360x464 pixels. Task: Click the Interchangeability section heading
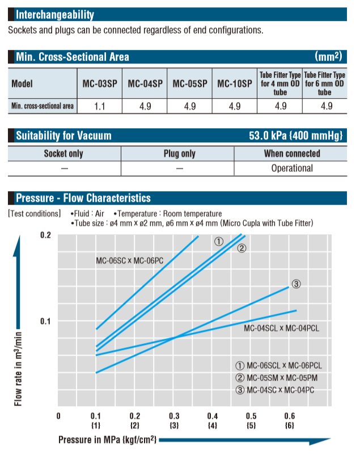tap(54, 15)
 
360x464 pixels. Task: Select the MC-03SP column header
tap(99, 83)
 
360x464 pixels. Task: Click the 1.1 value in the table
tap(99, 106)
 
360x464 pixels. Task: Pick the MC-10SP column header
tap(234, 83)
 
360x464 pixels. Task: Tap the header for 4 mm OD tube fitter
tap(279, 83)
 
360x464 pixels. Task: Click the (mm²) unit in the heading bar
tap(328, 56)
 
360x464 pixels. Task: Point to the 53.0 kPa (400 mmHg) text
tap(295, 136)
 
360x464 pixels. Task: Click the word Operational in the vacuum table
tap(291, 168)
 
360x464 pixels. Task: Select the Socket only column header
tap(63, 153)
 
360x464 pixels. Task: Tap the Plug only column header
tap(179, 153)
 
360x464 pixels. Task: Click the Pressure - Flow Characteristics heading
tap(83, 198)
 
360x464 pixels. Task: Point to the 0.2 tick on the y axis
tap(45, 235)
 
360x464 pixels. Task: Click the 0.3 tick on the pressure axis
tap(173, 416)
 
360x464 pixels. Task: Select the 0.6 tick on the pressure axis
tap(290, 416)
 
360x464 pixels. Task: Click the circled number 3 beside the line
tap(297, 283)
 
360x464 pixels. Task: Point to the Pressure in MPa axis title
tap(107, 440)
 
